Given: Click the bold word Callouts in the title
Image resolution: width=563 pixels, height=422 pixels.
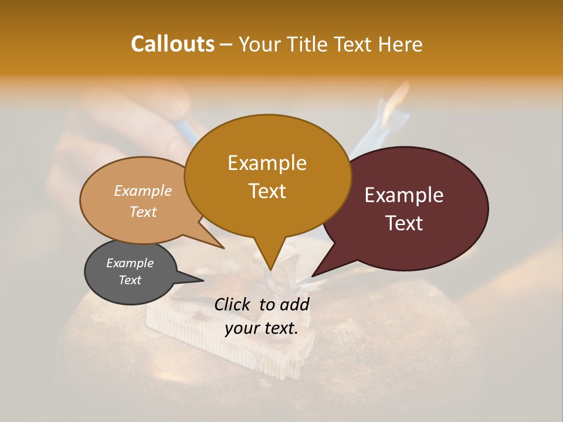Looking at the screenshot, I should click(172, 44).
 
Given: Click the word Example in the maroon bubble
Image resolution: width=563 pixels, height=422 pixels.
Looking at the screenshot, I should click(404, 195).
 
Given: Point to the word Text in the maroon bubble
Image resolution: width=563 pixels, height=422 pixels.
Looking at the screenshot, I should click(404, 223).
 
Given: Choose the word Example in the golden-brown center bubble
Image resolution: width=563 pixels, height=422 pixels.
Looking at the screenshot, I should click(267, 163).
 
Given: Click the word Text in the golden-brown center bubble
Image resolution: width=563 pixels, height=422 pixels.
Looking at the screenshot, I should click(267, 191).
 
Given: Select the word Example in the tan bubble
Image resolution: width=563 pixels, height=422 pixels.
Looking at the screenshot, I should click(143, 190).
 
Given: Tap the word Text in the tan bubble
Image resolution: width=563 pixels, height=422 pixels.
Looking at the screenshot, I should click(143, 212).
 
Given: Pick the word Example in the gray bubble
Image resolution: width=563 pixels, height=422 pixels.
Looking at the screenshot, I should click(130, 263).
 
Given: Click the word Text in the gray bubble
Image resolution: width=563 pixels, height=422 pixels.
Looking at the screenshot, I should click(130, 280).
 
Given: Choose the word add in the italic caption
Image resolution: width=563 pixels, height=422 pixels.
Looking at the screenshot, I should click(295, 304).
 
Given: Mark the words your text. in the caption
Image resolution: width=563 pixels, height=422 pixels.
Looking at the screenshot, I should click(262, 328).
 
